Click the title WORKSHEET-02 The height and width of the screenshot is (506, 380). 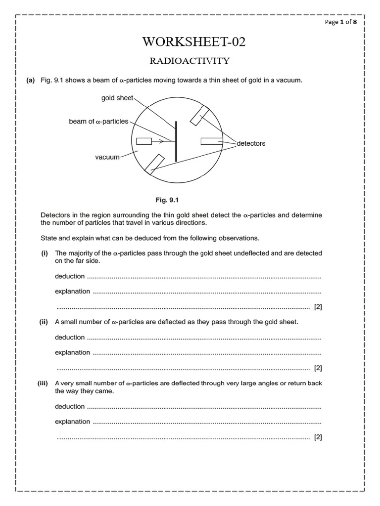[193, 42]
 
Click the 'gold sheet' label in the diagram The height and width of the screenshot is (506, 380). [117, 98]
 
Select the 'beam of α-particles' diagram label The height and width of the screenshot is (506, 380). [98, 121]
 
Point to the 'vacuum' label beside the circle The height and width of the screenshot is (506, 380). [107, 157]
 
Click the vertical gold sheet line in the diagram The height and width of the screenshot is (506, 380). [176, 140]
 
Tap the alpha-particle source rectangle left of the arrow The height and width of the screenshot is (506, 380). [143, 142]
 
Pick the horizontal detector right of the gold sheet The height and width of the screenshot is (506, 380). [208, 142]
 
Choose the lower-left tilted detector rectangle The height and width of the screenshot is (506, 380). [154, 164]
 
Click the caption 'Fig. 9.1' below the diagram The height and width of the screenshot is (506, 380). [167, 200]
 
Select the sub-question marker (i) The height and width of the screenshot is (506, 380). [44, 253]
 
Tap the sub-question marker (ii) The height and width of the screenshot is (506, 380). [44, 322]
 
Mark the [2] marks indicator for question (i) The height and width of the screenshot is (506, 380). [318, 307]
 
